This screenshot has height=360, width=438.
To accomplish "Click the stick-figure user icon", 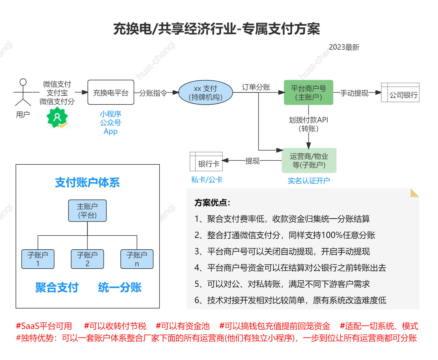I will pyautogui.click(x=23, y=92).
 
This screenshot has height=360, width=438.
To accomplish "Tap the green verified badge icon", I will pyautogui.click(x=57, y=117).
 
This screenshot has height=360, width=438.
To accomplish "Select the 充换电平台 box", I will pyautogui.click(x=111, y=93).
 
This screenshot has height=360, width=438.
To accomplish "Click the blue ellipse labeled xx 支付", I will pyautogui.click(x=205, y=93).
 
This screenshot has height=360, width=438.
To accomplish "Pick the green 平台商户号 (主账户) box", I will pyautogui.click(x=308, y=93).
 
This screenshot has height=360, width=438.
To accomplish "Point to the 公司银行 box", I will pyautogui.click(x=400, y=93).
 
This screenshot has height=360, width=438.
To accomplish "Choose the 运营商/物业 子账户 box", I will pyautogui.click(x=309, y=160).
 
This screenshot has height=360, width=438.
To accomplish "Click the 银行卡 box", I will pyautogui.click(x=206, y=162).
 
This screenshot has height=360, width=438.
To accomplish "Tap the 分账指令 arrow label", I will pyautogui.click(x=153, y=93).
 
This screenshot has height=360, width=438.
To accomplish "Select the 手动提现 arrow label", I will pyautogui.click(x=354, y=93).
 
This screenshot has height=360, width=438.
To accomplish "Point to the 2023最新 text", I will pyautogui.click(x=344, y=47).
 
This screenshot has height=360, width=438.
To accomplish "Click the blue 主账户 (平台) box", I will pyautogui.click(x=87, y=211).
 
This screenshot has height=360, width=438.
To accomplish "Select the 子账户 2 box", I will pyautogui.click(x=87, y=259).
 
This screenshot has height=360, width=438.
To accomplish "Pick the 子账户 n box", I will pyautogui.click(x=137, y=259).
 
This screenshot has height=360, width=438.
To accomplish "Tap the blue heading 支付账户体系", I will pyautogui.click(x=87, y=183).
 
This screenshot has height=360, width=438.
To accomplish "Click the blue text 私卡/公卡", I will pyautogui.click(x=207, y=180).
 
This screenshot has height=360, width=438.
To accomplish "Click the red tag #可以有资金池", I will pyautogui.click(x=183, y=326).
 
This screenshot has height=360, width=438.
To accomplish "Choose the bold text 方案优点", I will pyautogui.click(x=212, y=203).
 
